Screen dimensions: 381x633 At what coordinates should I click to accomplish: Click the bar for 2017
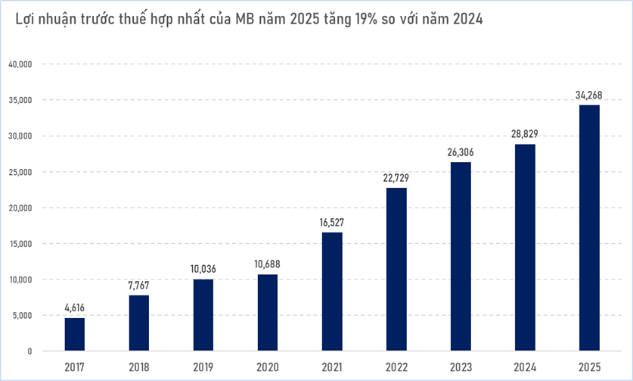74,334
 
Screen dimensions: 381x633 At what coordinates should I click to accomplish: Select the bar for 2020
267,312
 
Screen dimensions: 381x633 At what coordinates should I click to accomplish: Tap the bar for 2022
396,269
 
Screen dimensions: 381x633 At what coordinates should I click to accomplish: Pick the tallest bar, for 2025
588,227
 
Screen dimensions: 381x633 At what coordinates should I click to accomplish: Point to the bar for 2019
203,314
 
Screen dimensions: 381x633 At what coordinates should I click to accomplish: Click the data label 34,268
588,95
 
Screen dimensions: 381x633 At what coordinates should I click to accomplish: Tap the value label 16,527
331,222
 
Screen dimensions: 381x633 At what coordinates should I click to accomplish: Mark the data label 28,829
524,134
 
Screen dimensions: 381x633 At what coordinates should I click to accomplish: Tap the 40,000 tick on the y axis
20,64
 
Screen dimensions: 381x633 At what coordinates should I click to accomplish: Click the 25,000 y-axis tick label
20,172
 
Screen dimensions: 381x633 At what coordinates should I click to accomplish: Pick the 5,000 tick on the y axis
22,316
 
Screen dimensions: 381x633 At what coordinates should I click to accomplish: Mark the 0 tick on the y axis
29,351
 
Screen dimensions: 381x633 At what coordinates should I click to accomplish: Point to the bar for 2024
524,247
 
